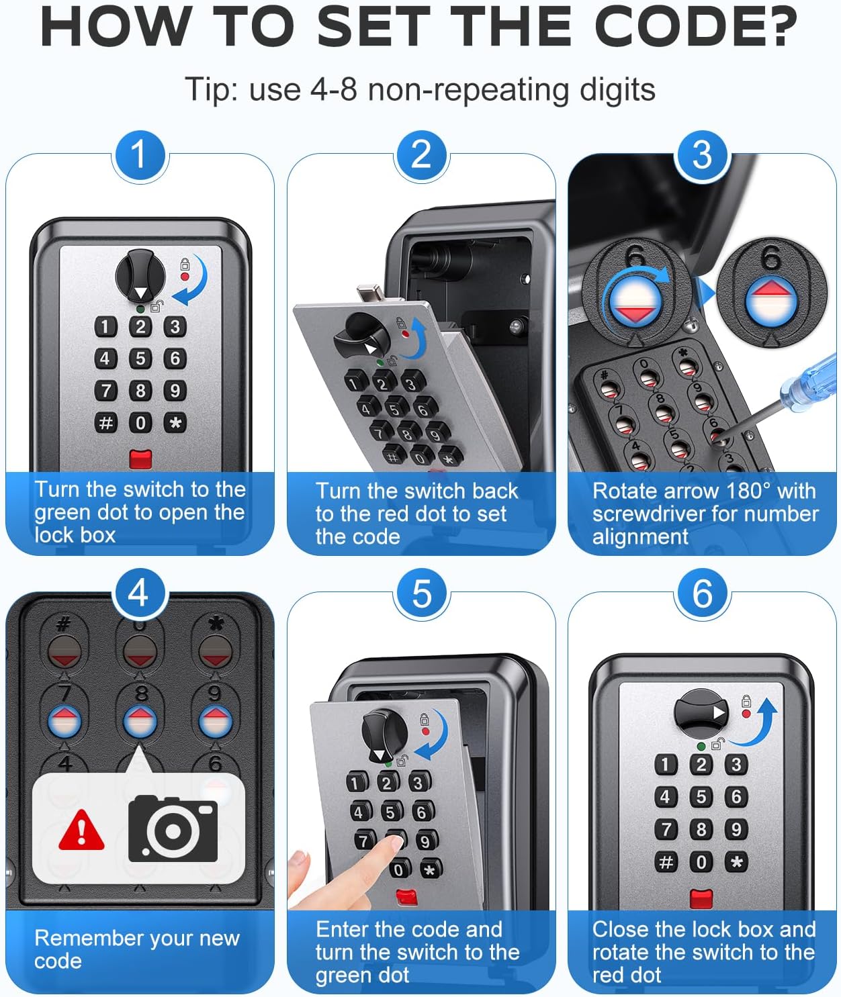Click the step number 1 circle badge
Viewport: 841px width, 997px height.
tap(139, 155)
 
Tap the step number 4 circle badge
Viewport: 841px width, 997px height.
tap(139, 594)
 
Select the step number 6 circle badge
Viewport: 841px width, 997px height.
tap(702, 594)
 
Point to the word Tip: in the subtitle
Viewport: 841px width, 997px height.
tap(211, 89)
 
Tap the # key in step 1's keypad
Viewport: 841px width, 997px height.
tap(105, 423)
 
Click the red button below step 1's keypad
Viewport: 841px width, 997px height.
tap(140, 459)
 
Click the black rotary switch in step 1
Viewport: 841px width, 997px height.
tap(140, 276)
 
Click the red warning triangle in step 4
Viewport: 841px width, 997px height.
tap(81, 830)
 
